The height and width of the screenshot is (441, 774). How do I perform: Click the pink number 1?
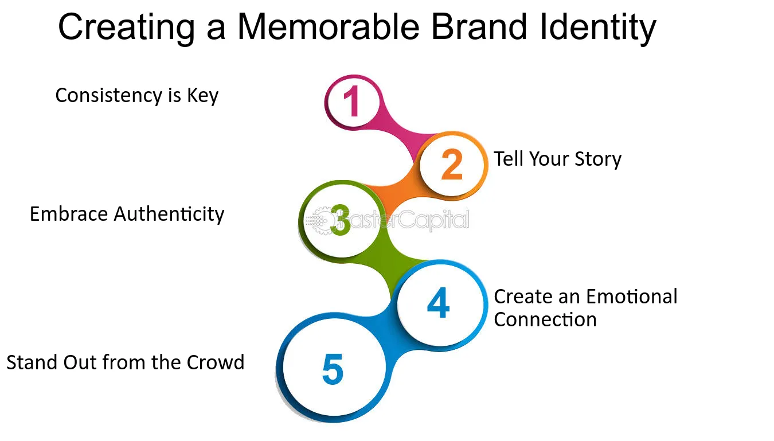point(352,102)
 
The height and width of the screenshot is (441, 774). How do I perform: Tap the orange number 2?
point(452,164)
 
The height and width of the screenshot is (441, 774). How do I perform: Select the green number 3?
point(341,220)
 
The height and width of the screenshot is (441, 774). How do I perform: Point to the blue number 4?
point(439,303)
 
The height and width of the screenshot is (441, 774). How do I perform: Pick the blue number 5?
point(333,369)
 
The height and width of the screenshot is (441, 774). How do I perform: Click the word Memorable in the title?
point(329,27)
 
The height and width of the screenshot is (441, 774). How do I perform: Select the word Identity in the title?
point(598,28)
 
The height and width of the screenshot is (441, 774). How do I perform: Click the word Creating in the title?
point(127,28)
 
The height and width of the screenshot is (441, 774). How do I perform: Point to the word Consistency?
point(108,96)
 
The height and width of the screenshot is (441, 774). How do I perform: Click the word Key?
point(203,96)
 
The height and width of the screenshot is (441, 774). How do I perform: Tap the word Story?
point(598,159)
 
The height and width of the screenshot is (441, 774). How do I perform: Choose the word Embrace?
point(69,214)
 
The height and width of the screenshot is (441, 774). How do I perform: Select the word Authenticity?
point(169,214)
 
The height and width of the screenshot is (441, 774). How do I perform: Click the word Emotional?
point(632,296)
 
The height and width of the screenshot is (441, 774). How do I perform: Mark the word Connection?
point(545,319)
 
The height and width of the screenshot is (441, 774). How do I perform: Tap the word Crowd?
point(216,362)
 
